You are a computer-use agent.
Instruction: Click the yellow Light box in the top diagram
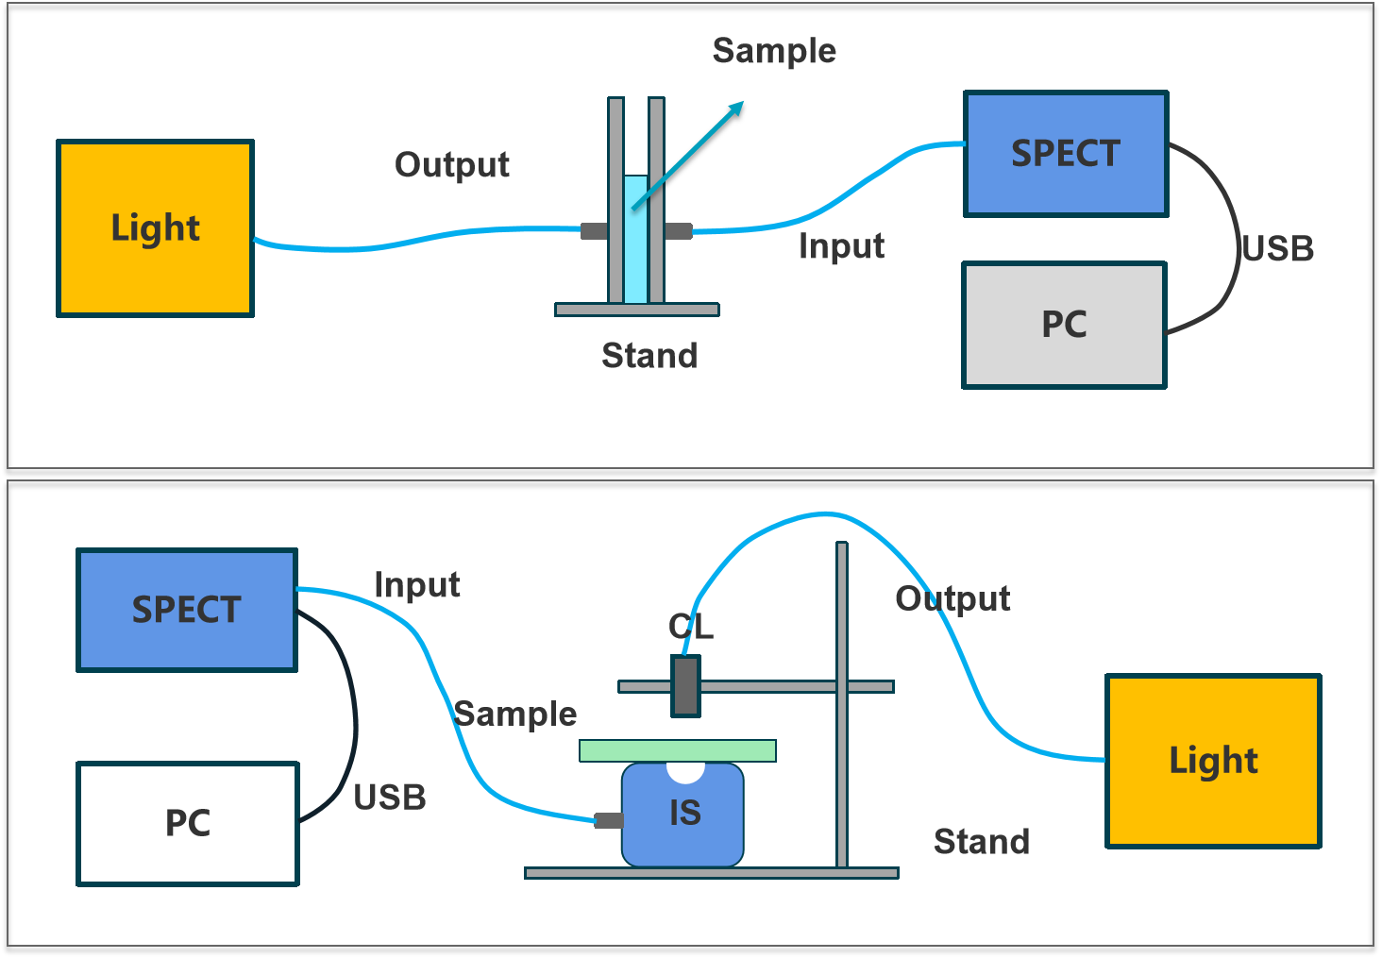(x=156, y=228)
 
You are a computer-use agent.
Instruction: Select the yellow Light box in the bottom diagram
(x=1213, y=761)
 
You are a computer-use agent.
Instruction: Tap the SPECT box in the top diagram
(x=1066, y=154)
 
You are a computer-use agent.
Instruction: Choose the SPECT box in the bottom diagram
(x=187, y=611)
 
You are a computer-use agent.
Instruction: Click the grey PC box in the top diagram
(x=1064, y=325)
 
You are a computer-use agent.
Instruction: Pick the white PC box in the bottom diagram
(x=188, y=823)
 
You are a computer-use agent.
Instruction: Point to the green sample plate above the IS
(x=677, y=750)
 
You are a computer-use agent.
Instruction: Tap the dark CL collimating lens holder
(x=686, y=686)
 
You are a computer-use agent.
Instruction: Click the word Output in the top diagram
(x=452, y=165)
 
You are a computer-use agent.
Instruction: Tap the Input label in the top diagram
(x=841, y=246)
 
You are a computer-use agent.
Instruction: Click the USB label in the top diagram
(x=1278, y=249)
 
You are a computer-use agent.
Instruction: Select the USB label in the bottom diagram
(x=390, y=798)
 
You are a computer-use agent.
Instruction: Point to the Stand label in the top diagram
(x=649, y=356)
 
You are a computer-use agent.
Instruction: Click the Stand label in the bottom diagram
(x=981, y=841)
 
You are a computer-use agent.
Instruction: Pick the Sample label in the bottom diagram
(x=515, y=714)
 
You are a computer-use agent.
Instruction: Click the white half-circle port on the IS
(x=685, y=772)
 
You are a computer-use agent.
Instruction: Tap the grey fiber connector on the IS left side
(x=609, y=820)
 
